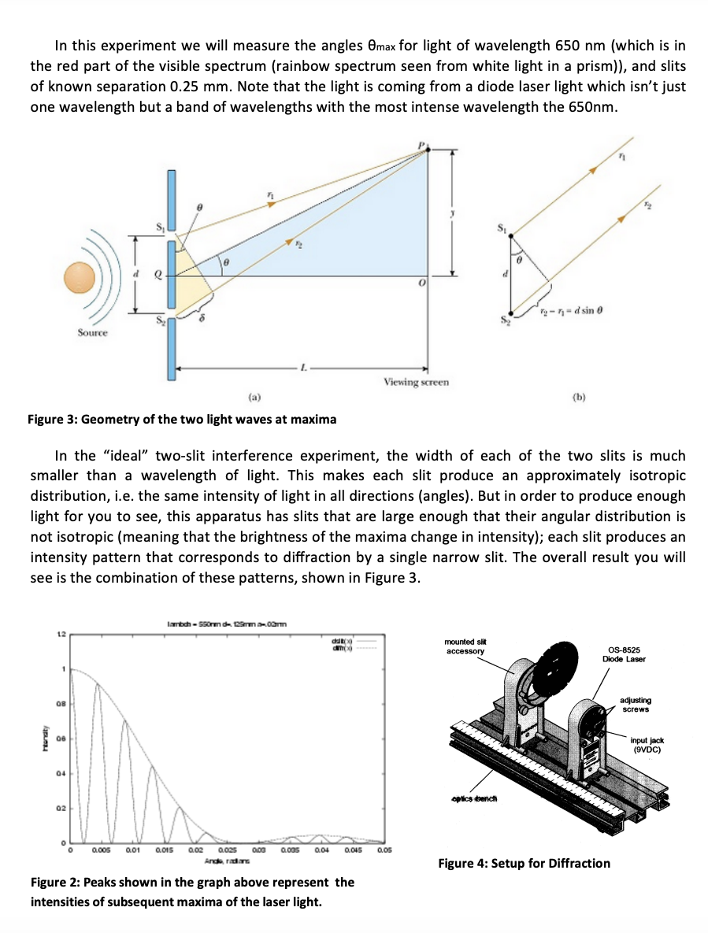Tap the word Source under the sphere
[92, 333]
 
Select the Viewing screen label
[416, 382]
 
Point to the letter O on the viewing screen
[422, 283]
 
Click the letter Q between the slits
[158, 276]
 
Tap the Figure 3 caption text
[182, 420]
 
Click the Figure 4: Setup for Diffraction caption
[524, 864]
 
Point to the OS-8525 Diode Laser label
[624, 654]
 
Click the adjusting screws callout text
[636, 705]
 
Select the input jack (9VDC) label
[647, 745]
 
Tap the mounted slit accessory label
[465, 646]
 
